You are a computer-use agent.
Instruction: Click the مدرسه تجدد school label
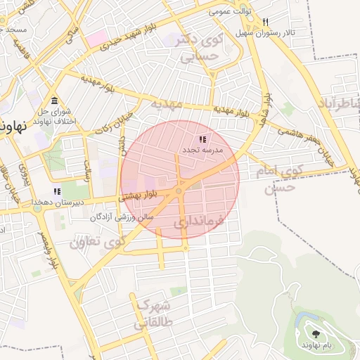click(x=202, y=150)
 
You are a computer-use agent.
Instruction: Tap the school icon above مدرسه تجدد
click(x=202, y=139)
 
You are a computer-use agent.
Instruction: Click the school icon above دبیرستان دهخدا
click(x=56, y=191)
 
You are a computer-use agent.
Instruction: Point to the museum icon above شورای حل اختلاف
click(x=55, y=100)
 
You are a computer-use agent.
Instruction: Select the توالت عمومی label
click(x=229, y=13)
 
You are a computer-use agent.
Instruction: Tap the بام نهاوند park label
click(x=316, y=345)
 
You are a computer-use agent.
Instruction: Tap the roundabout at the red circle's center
click(x=179, y=191)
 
